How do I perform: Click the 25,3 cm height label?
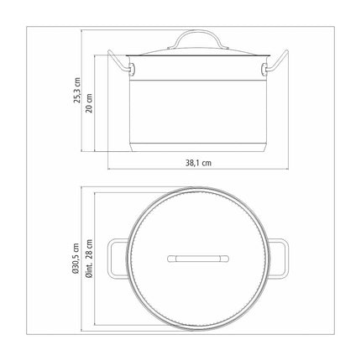click(77, 91)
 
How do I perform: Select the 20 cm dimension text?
click(89, 102)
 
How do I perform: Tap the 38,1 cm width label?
click(198, 163)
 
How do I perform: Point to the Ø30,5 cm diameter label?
click(76, 258)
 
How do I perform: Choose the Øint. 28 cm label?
click(89, 258)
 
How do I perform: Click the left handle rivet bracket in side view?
click(131, 69)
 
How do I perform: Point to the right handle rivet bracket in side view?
click(265, 69)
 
